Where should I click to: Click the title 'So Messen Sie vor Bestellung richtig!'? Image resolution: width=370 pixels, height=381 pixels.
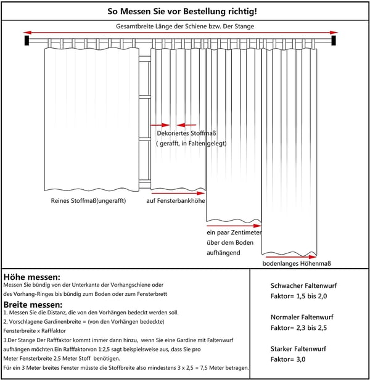click(x=182, y=12)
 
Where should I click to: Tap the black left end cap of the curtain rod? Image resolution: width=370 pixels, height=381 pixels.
click(x=27, y=40)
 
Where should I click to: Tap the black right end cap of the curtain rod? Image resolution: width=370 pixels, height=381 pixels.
click(x=334, y=40)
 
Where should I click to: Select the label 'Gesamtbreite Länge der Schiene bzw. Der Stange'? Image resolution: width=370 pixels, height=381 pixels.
click(x=185, y=27)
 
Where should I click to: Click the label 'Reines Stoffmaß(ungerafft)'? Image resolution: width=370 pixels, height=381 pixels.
click(x=88, y=201)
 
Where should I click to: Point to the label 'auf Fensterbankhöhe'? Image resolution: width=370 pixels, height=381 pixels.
click(x=176, y=201)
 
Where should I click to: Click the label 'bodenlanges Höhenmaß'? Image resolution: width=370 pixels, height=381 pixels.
click(x=297, y=263)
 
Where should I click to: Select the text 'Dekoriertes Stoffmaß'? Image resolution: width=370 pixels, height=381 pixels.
click(x=186, y=133)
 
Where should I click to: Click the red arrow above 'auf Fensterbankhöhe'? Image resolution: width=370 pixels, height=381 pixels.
click(x=178, y=193)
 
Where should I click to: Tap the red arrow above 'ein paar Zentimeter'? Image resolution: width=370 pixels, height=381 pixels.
click(x=234, y=226)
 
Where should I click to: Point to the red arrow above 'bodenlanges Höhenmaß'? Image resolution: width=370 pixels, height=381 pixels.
click(x=291, y=256)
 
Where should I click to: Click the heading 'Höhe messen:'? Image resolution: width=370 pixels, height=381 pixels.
click(x=32, y=277)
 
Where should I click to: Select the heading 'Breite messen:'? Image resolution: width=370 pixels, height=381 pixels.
click(x=33, y=305)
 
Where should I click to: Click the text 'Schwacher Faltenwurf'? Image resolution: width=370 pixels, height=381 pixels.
click(x=303, y=285)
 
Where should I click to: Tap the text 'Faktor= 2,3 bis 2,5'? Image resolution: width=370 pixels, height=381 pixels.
click(x=298, y=328)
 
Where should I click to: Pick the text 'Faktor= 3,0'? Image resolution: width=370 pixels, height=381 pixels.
click(x=288, y=359)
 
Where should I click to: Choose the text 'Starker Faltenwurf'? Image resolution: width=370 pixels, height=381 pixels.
click(x=298, y=349)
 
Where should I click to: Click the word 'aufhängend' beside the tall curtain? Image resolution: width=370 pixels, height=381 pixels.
click(x=223, y=253)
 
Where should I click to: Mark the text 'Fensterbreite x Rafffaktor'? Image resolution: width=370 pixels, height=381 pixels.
click(x=35, y=330)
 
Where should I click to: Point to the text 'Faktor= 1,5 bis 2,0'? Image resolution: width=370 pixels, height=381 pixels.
click(x=298, y=296)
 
